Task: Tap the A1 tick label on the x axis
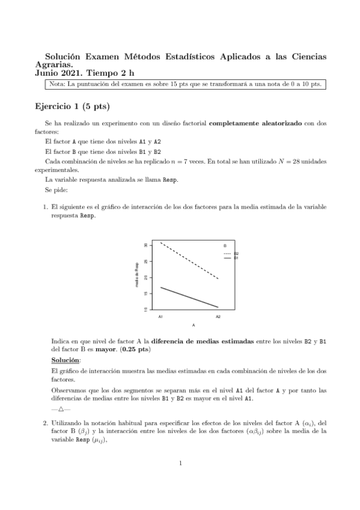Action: point(160,316)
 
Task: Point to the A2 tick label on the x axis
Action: point(218,316)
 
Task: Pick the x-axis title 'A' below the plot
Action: point(193,325)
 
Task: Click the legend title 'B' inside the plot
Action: point(225,246)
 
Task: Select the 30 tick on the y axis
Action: point(146,245)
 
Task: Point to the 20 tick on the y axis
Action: point(146,277)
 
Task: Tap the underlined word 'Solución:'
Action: point(66,360)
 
